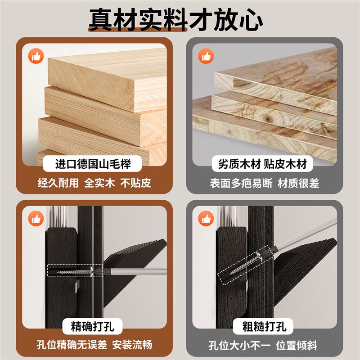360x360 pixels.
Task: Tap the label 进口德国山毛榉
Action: (93, 164)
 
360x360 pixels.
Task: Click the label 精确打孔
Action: (93, 326)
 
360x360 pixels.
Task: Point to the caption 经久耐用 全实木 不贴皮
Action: (94, 183)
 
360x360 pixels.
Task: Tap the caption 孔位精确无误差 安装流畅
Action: (94, 345)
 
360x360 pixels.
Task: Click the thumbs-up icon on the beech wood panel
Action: (36, 57)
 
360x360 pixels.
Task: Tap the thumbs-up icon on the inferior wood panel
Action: (207, 57)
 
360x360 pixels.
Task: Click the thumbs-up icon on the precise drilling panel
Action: (36, 219)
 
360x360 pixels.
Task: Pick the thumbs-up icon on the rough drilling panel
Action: (207, 219)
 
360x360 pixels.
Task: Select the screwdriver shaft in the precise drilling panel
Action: (135, 271)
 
